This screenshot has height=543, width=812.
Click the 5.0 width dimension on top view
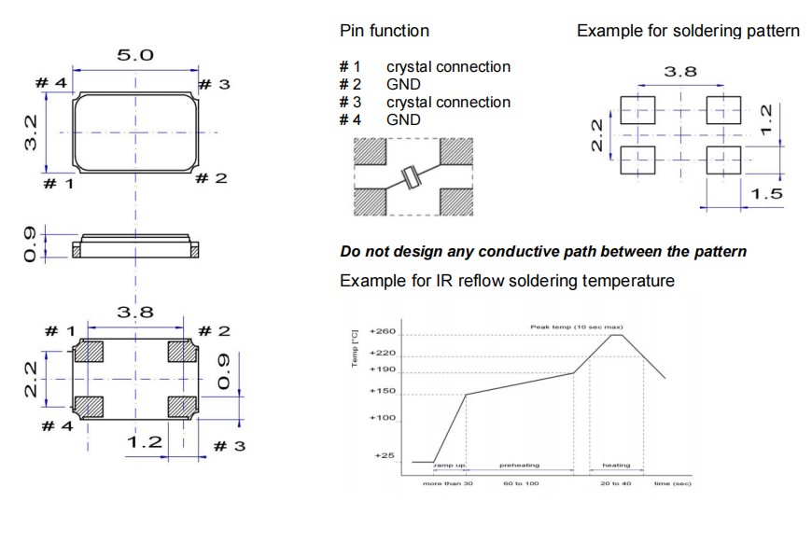click(x=134, y=56)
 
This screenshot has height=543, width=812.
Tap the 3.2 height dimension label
click(x=31, y=132)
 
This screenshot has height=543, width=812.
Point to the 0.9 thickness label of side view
click(x=32, y=244)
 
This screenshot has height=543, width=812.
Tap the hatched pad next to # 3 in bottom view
click(x=181, y=407)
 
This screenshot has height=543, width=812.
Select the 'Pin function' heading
click(x=385, y=31)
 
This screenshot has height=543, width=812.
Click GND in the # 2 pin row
click(x=403, y=85)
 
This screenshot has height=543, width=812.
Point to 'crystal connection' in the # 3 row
click(x=448, y=102)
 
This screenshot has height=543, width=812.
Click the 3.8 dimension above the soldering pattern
click(x=679, y=72)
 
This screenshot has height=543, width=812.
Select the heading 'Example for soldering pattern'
click(x=688, y=31)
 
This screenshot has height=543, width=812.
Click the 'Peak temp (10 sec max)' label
click(x=575, y=327)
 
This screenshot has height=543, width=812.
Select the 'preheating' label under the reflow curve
click(x=519, y=465)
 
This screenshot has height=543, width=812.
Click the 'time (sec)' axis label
click(x=672, y=482)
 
